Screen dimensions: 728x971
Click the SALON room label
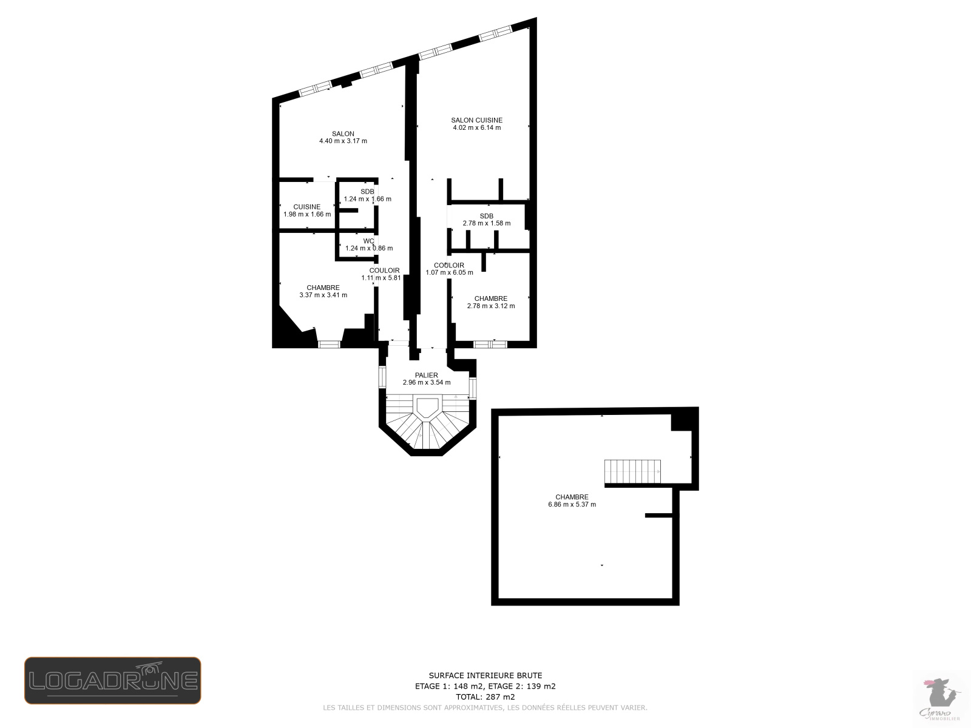(343, 133)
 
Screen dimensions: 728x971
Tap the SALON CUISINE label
(476, 120)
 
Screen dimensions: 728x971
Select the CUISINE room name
(307, 207)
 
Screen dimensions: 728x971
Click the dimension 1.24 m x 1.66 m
(367, 199)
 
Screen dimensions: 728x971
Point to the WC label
(368, 241)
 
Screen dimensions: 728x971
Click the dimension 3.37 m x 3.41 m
(323, 295)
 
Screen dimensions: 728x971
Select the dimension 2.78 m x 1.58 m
(486, 223)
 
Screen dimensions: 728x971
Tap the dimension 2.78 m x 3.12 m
(490, 306)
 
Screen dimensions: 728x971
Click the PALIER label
(427, 375)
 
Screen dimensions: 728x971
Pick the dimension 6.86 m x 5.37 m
(572, 505)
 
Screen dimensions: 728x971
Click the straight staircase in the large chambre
(632, 471)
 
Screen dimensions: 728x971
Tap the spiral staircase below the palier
(427, 424)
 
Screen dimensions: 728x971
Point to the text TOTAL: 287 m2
(486, 697)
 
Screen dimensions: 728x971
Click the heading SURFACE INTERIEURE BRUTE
(486, 675)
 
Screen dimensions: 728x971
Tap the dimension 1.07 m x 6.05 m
(449, 273)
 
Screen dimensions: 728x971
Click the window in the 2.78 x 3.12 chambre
(490, 344)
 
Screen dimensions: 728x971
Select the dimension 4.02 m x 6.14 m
(476, 128)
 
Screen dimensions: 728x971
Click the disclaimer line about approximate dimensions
(486, 708)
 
